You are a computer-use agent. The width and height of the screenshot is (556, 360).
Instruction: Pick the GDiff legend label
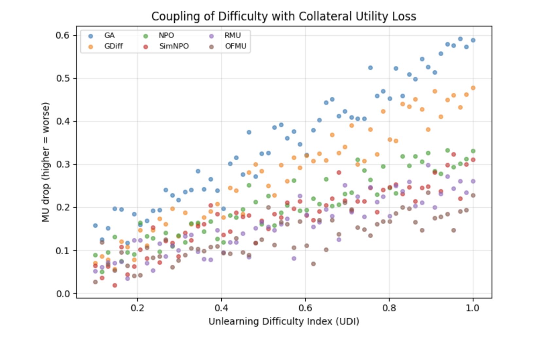click(113, 46)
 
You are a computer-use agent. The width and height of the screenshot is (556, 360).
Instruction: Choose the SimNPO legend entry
click(174, 46)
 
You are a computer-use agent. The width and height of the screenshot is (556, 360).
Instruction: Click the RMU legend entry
click(232, 36)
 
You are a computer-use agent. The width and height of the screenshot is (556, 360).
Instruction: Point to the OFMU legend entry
click(235, 46)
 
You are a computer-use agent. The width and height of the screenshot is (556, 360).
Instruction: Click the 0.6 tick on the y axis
click(63, 35)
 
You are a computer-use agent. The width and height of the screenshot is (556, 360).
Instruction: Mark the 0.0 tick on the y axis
click(63, 294)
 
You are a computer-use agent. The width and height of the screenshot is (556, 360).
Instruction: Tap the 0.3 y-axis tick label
click(63, 164)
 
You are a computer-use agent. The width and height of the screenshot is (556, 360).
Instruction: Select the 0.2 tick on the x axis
click(137, 308)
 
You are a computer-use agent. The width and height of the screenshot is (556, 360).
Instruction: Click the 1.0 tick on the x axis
click(473, 308)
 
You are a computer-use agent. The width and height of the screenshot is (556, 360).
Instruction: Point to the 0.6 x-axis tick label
click(305, 308)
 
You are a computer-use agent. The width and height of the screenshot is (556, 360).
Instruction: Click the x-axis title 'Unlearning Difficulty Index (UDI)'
click(284, 322)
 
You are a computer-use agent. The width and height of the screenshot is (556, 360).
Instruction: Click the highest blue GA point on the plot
click(460, 39)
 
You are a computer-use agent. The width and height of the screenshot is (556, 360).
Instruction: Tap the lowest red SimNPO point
click(115, 285)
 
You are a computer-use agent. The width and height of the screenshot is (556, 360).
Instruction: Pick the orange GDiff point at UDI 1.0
click(473, 88)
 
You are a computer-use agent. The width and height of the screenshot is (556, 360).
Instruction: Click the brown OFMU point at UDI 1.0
click(473, 195)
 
